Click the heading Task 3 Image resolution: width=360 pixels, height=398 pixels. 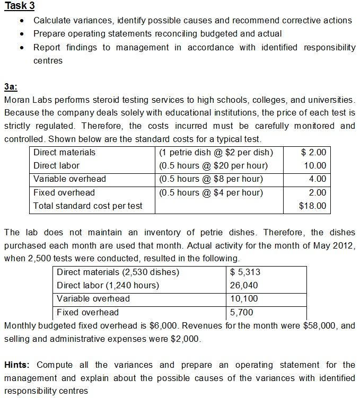click(19, 6)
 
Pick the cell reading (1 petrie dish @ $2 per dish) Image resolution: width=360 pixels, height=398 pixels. click(216, 152)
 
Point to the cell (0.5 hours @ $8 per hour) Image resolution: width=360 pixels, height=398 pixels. click(210, 179)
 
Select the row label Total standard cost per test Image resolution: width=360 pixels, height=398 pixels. click(87, 206)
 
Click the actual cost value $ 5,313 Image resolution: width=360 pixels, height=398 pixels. click(245, 272)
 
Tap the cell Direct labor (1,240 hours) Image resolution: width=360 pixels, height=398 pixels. click(108, 286)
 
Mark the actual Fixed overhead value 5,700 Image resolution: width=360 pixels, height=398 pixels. click(241, 312)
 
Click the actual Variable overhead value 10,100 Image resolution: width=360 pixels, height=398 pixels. click(243, 299)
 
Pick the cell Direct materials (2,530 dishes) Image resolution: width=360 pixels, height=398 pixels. click(118, 272)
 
